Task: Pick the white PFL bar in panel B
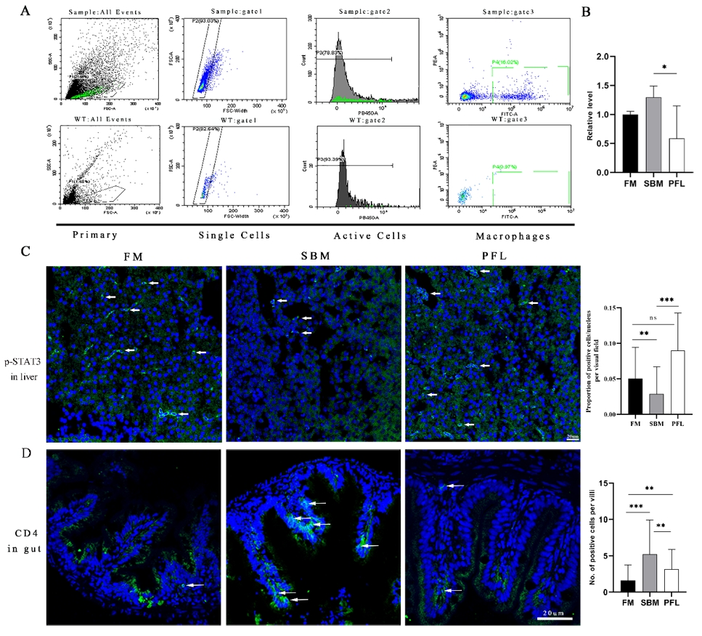point(676,155)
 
